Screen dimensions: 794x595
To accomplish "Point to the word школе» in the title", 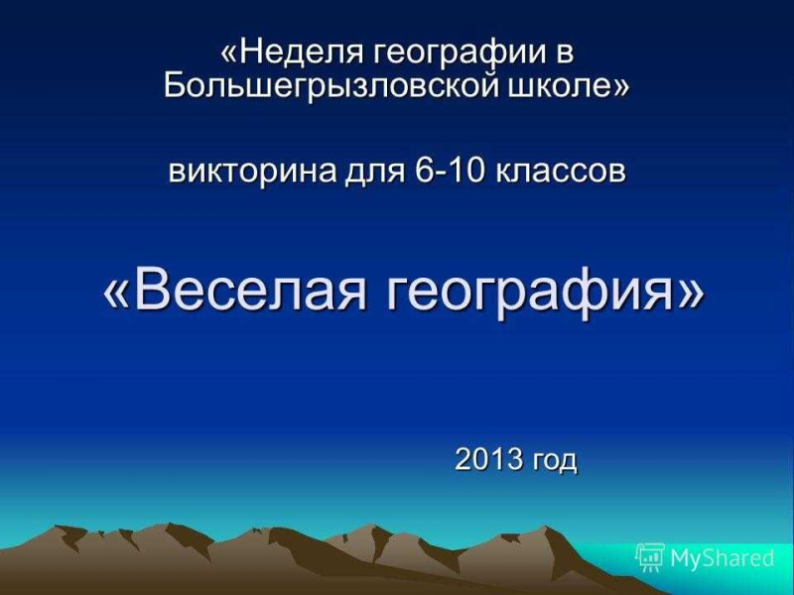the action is (x=568, y=86).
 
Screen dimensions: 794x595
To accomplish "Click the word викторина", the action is (x=253, y=172).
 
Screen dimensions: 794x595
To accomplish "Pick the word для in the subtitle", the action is (x=375, y=173).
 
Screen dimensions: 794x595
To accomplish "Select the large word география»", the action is (x=545, y=295).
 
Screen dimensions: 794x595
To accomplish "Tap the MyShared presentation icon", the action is (x=650, y=557).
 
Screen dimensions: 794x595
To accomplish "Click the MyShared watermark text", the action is (x=722, y=558).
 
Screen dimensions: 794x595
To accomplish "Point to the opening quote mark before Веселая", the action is (x=118, y=296).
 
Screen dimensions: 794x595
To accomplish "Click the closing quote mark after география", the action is (x=690, y=296).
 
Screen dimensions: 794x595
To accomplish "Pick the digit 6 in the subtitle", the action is (x=422, y=171).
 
